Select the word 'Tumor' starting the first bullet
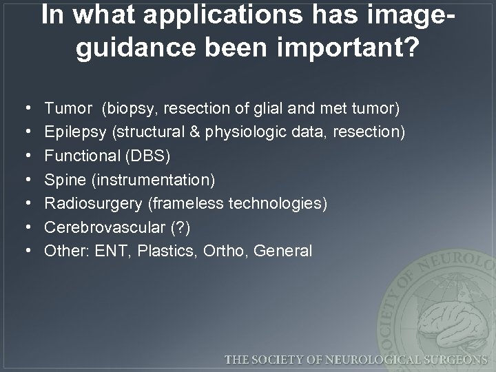68,108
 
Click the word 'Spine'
62,180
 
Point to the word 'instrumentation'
149,180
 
